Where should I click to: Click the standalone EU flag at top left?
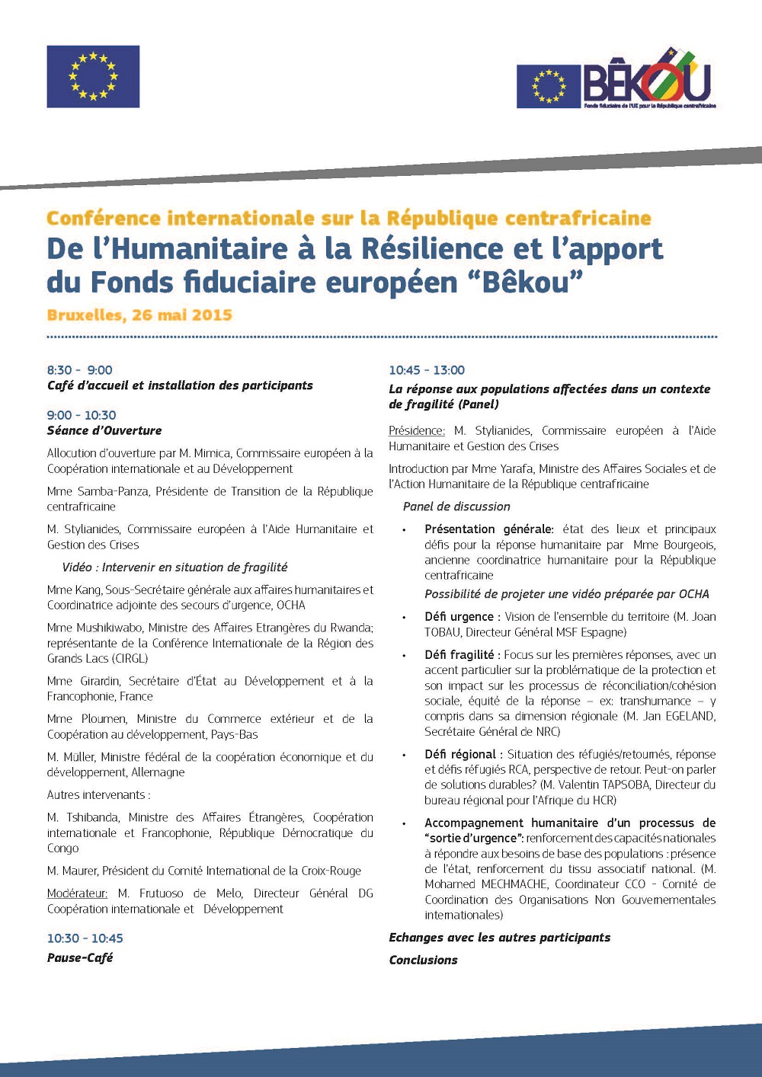[93, 76]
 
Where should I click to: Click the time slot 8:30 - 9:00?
[79, 370]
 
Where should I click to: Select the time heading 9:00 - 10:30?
[82, 415]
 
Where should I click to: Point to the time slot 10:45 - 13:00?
[427, 370]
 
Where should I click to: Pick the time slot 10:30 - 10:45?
[85, 938]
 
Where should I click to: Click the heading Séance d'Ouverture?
[104, 430]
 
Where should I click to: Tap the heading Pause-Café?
[80, 957]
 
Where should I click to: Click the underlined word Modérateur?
[77, 893]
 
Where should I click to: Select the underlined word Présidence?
[417, 430]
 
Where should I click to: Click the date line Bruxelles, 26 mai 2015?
[139, 315]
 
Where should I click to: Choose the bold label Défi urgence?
[459, 616]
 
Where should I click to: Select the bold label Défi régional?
[459, 754]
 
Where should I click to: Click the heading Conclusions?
[423, 960]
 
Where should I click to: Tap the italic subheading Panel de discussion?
[456, 507]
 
